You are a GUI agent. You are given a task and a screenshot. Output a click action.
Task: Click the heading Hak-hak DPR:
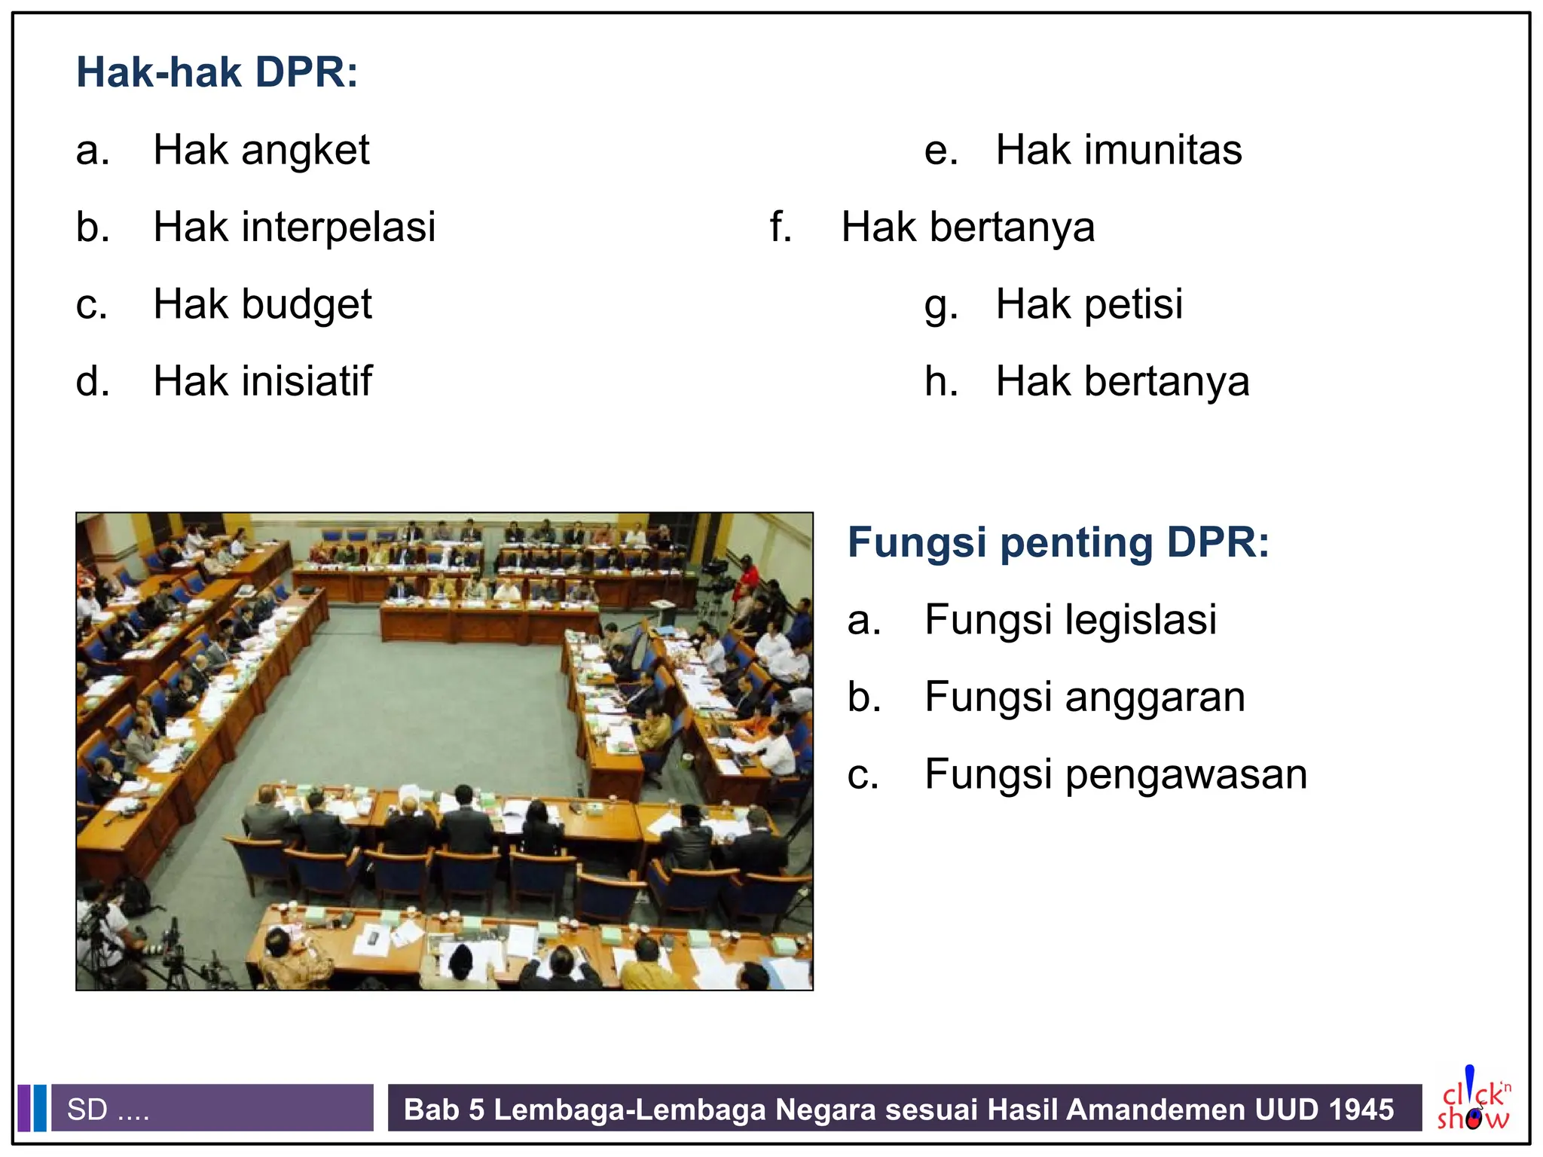point(217,72)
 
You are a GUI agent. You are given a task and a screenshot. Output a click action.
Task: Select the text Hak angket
point(261,150)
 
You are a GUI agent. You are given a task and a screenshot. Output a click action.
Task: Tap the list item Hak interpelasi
point(294,227)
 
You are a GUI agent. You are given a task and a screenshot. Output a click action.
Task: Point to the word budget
point(307,304)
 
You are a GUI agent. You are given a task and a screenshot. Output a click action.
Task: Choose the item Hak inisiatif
point(262,381)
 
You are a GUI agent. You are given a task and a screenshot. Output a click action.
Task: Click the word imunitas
point(1163,150)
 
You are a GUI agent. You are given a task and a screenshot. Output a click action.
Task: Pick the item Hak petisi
point(1089,304)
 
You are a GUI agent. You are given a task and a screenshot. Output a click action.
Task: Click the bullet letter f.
point(781,227)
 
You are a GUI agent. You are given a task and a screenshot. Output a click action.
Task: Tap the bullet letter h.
point(941,381)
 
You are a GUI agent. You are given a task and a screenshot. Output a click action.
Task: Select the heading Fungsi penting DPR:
point(1058,542)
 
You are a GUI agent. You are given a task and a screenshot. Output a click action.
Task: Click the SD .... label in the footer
point(108,1110)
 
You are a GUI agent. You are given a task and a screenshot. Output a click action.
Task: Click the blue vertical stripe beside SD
point(40,1107)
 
